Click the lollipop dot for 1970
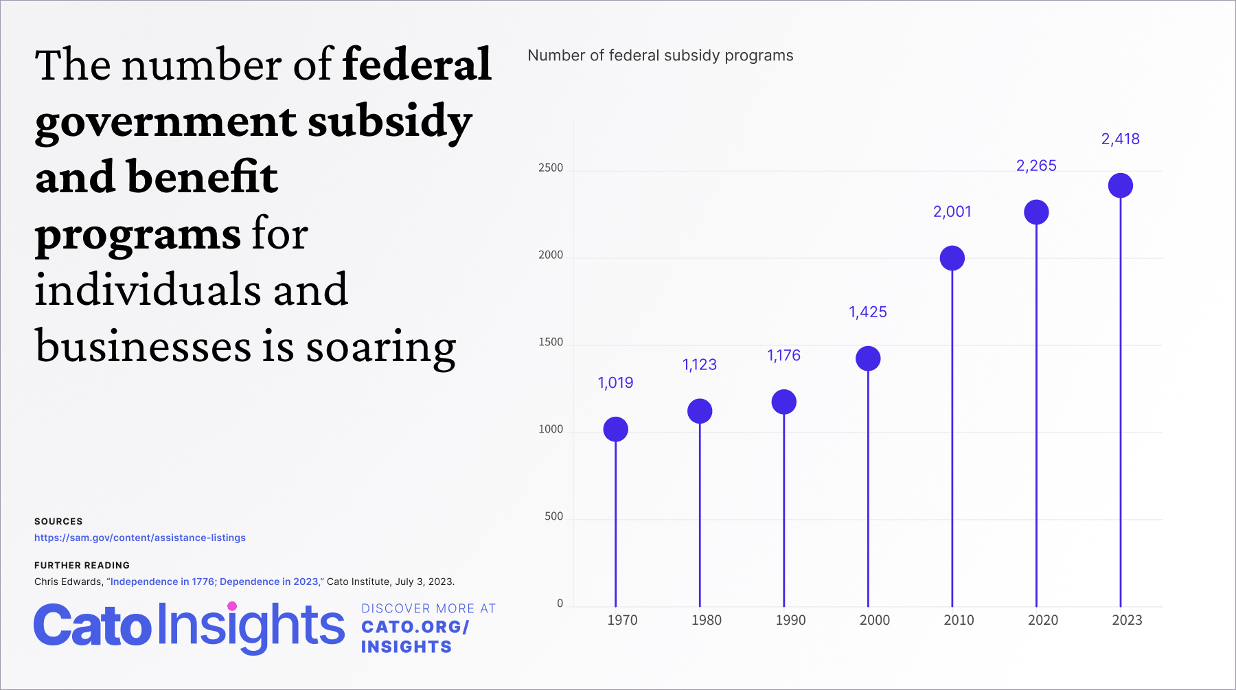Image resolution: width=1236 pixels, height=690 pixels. (x=615, y=429)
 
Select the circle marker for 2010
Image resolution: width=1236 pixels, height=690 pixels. (x=952, y=258)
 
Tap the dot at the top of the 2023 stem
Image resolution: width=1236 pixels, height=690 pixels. (x=1120, y=185)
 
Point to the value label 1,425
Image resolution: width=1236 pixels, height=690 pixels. (x=867, y=312)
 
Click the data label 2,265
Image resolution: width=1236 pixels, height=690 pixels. (x=1035, y=165)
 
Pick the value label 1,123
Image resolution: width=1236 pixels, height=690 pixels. (x=699, y=365)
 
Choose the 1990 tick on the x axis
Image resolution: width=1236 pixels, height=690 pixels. (x=790, y=620)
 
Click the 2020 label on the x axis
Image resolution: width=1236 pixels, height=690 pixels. (x=1042, y=620)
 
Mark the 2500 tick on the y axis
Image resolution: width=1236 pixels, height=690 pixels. (x=550, y=168)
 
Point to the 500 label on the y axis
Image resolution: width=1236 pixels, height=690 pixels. (x=553, y=516)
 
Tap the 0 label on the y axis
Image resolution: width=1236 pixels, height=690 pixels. (x=560, y=603)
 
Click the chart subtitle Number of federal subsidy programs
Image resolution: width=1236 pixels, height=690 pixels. (x=660, y=56)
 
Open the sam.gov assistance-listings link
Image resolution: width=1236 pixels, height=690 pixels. (x=140, y=538)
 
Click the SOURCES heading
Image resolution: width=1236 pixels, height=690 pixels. (x=58, y=522)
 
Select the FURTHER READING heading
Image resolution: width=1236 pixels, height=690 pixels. (x=82, y=566)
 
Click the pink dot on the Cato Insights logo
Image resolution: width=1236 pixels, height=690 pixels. (x=232, y=606)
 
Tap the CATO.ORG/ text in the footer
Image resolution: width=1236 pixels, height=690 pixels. (x=415, y=628)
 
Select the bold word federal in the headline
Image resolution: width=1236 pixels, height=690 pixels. (x=417, y=65)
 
